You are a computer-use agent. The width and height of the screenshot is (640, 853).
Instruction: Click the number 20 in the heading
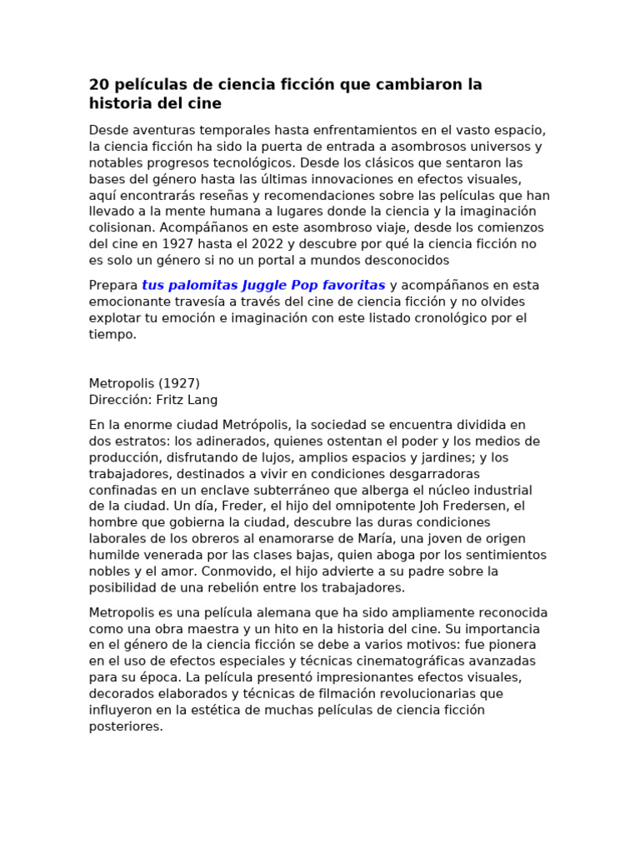[99, 85]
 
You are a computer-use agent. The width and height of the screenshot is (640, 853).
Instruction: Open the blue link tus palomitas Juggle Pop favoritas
[263, 286]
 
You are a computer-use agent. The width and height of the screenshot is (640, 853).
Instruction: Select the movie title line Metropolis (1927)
[144, 384]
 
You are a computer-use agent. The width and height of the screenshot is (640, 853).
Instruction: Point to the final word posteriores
[126, 726]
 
